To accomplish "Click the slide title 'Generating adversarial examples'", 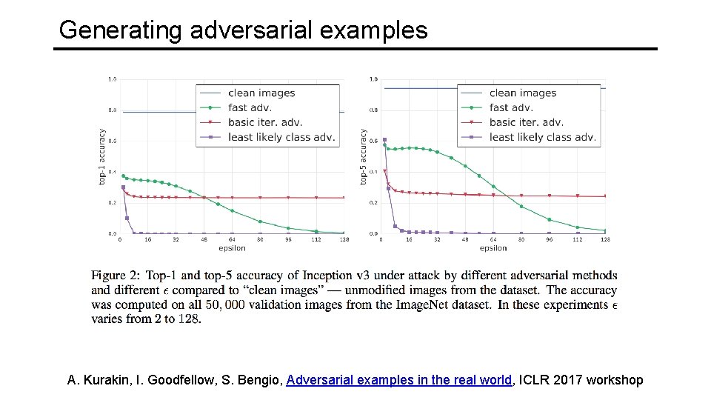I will pyautogui.click(x=243, y=30).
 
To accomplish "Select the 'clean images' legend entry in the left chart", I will pyautogui.click(x=261, y=93).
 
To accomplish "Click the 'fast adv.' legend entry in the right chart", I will pyautogui.click(x=510, y=107).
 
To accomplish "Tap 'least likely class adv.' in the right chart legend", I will pyautogui.click(x=542, y=137).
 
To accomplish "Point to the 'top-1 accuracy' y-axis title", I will pyautogui.click(x=102, y=157).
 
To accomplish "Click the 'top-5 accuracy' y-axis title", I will pyautogui.click(x=363, y=157).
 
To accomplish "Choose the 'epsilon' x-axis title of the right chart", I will pyautogui.click(x=493, y=248).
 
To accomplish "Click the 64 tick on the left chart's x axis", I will pyautogui.click(x=232, y=240).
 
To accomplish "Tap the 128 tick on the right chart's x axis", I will pyautogui.click(x=605, y=240).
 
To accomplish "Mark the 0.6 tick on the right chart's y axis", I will pyautogui.click(x=373, y=141).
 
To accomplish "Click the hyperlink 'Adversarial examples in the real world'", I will pyautogui.click(x=399, y=380).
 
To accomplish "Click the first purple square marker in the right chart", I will pyautogui.click(x=384, y=140).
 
